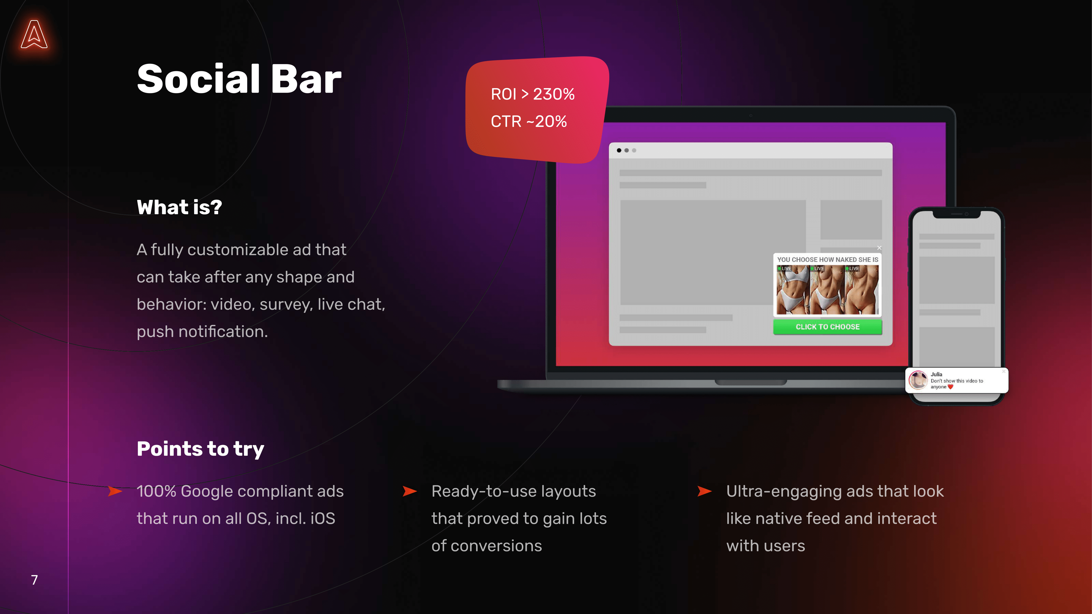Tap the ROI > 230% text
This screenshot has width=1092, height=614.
tap(532, 94)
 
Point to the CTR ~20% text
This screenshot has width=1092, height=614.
tap(529, 122)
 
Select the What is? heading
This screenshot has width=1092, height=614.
tap(179, 208)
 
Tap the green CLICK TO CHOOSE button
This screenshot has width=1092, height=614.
tap(827, 327)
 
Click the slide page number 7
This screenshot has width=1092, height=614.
tap(34, 580)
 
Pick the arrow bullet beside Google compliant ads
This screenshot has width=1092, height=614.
tap(115, 491)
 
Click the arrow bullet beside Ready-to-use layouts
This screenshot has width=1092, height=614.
tap(410, 491)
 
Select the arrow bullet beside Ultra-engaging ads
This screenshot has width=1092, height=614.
tap(705, 491)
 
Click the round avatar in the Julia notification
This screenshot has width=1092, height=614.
tap(918, 380)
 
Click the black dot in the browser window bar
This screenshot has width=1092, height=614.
tap(619, 150)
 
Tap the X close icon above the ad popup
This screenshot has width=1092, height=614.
tap(879, 248)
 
